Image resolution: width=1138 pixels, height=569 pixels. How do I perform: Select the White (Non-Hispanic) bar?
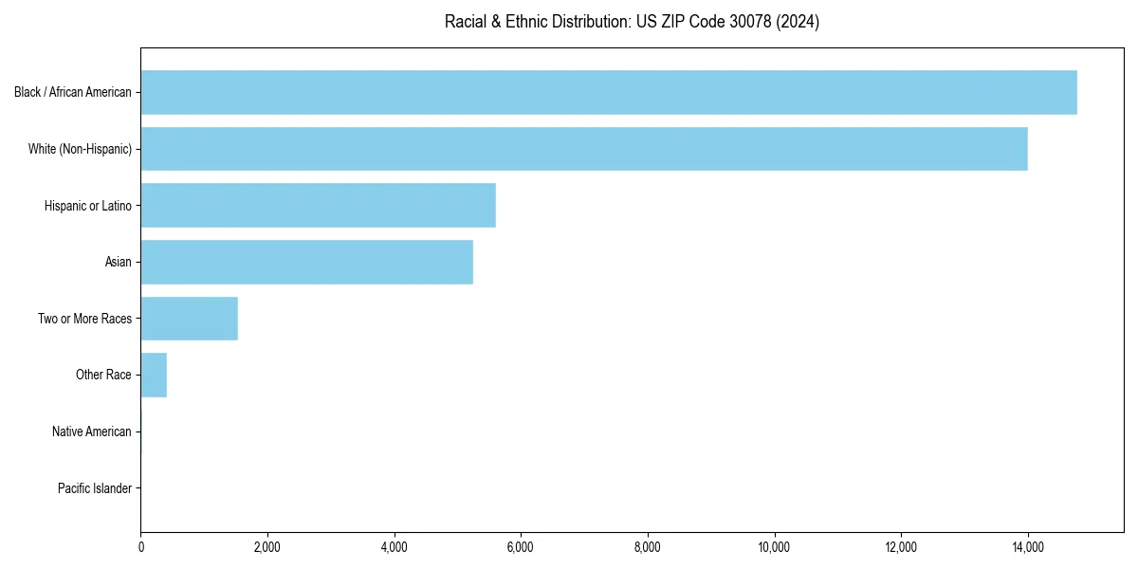pyautogui.click(x=584, y=149)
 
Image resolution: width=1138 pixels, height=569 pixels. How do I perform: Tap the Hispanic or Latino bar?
pyautogui.click(x=318, y=205)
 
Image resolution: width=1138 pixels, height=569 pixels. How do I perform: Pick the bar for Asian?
pyautogui.click(x=306, y=262)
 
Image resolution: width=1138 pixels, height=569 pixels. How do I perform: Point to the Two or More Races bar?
pyautogui.click(x=189, y=319)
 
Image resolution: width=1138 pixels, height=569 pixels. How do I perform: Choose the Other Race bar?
pyautogui.click(x=154, y=375)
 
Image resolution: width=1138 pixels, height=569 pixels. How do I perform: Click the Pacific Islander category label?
pyautogui.click(x=94, y=488)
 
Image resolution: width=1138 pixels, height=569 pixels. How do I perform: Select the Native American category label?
pyautogui.click(x=91, y=431)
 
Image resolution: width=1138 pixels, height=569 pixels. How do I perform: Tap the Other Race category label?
pyautogui.click(x=103, y=375)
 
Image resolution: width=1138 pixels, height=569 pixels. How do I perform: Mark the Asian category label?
pyautogui.click(x=118, y=262)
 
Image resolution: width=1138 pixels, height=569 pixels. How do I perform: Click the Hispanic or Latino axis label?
pyautogui.click(x=87, y=205)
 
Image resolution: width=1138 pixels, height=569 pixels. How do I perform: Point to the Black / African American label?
pyautogui.click(x=72, y=92)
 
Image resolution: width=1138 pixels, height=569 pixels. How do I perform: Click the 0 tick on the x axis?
pyautogui.click(x=141, y=547)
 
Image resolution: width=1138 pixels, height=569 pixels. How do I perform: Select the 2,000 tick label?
pyautogui.click(x=267, y=547)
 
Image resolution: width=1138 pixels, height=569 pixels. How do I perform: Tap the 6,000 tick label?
pyautogui.click(x=521, y=547)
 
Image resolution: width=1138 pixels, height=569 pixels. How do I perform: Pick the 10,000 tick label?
pyautogui.click(x=775, y=547)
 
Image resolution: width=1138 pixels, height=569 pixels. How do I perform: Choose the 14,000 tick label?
pyautogui.click(x=1028, y=547)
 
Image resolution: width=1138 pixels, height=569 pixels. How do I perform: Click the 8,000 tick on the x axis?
pyautogui.click(x=648, y=547)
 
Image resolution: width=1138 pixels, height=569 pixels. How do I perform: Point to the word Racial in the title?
pyautogui.click(x=466, y=22)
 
